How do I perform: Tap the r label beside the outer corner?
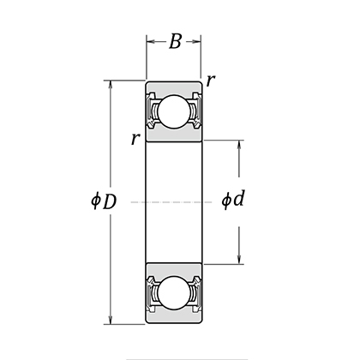[211, 81]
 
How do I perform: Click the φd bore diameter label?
[233, 202]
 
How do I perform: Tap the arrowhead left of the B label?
[149, 39]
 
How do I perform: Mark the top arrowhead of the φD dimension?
[109, 85]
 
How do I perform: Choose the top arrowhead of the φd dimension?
[238, 141]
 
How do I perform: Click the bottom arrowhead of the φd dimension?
[238, 262]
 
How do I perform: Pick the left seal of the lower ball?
[152, 294]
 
